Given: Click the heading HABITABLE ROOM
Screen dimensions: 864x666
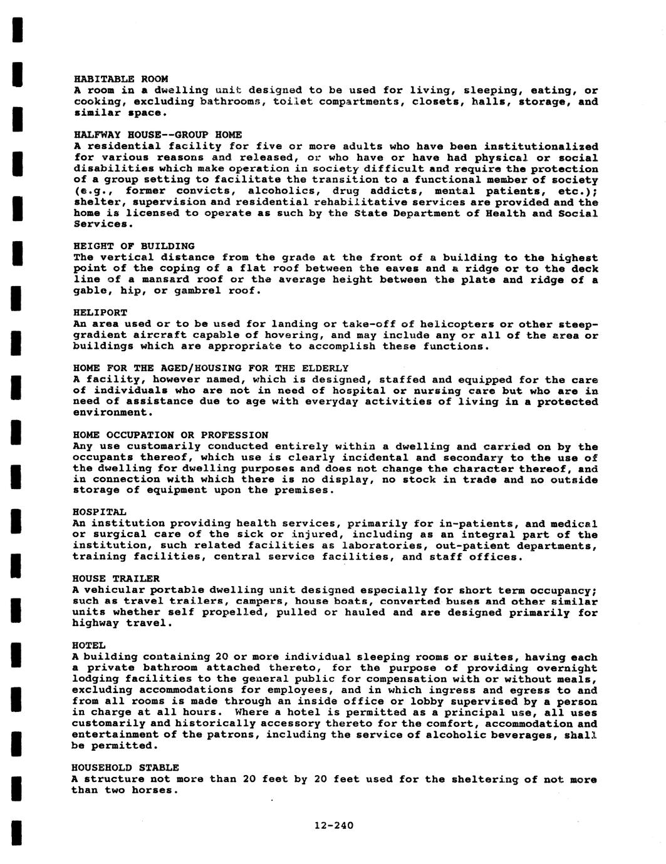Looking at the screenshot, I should (x=121, y=79).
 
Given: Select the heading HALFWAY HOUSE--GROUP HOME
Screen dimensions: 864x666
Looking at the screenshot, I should (x=157, y=135).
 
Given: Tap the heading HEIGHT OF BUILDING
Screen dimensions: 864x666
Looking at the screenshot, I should (x=134, y=246).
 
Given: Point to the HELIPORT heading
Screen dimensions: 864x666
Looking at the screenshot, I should (x=100, y=312).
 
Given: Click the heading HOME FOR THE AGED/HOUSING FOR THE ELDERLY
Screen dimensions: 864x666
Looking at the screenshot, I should (x=211, y=368).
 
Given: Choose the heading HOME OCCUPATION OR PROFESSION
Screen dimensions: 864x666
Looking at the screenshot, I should (x=170, y=435).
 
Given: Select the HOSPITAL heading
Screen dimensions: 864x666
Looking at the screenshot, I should (x=99, y=512).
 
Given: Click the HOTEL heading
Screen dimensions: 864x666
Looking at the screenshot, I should (x=88, y=645).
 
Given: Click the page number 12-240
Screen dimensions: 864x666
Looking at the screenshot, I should (x=334, y=825).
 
